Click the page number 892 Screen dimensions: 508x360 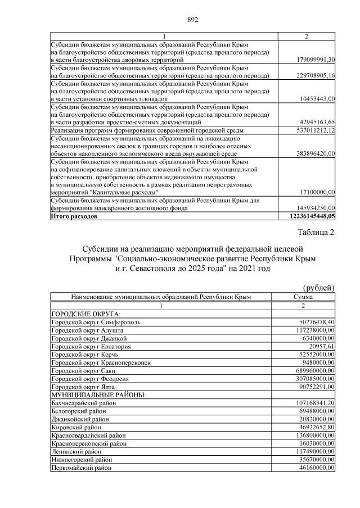coord(193,20)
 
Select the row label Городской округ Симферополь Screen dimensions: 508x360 coord(96,322)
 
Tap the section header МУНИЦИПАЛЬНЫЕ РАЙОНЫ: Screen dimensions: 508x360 coord(98,396)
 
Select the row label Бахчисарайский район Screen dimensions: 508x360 coord(84,403)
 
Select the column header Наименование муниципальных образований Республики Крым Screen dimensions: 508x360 coord(160,297)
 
